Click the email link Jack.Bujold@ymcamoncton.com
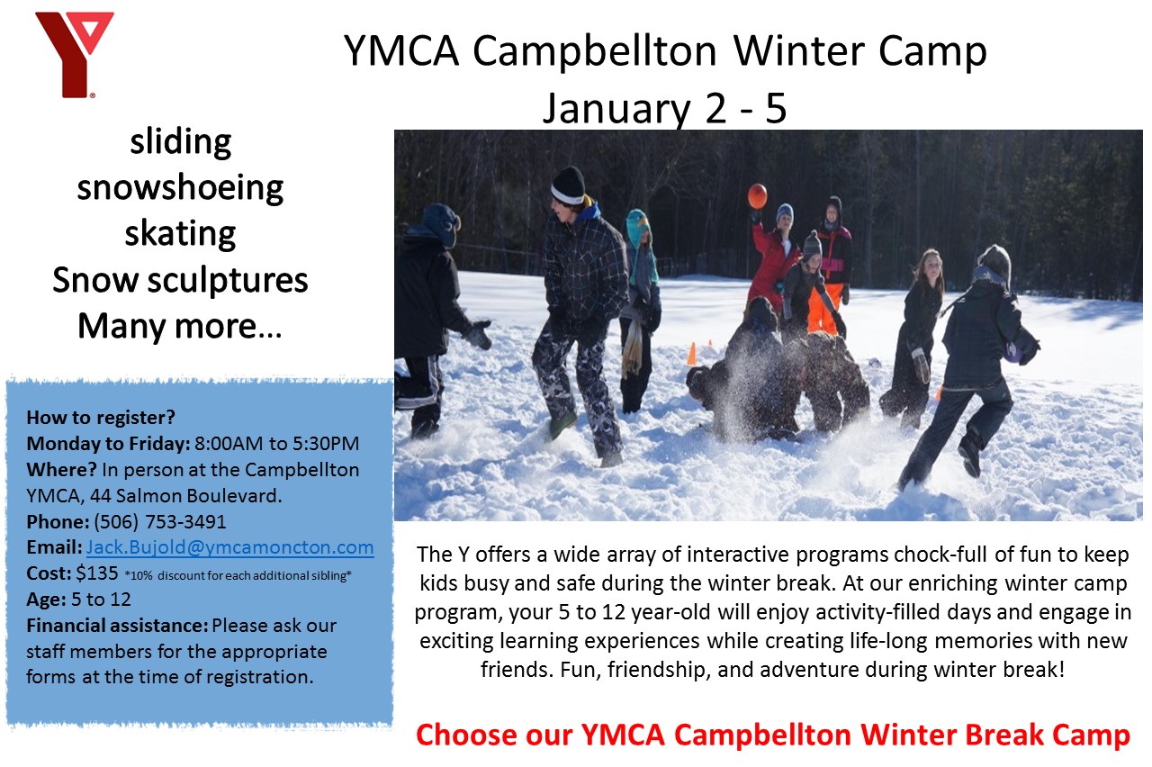(229, 546)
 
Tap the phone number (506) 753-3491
(160, 521)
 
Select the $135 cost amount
(97, 573)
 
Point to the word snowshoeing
(180, 188)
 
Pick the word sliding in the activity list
(181, 142)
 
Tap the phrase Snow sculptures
(180, 281)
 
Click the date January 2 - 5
(664, 109)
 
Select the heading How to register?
(101, 417)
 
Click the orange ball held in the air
(758, 196)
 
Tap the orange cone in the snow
(692, 354)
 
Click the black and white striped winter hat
(568, 186)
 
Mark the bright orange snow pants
(825, 308)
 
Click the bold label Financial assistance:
(117, 626)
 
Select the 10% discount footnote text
(238, 575)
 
